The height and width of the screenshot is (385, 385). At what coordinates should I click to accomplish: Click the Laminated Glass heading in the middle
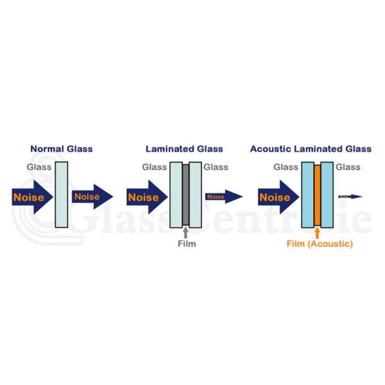click(x=185, y=149)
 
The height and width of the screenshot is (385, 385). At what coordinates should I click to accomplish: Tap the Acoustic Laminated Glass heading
click(x=311, y=149)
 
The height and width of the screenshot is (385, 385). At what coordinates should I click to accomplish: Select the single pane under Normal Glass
click(x=62, y=194)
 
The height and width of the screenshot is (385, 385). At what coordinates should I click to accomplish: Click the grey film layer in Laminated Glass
click(x=185, y=194)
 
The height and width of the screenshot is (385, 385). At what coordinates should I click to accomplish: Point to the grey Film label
click(x=185, y=244)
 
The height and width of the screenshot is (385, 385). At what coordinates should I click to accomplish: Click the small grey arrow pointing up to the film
click(x=185, y=232)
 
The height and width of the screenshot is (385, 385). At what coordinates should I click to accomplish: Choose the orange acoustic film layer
click(x=316, y=194)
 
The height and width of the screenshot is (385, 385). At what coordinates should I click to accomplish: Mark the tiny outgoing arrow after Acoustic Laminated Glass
click(x=350, y=196)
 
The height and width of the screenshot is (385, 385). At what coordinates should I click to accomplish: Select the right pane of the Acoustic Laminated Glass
click(x=326, y=194)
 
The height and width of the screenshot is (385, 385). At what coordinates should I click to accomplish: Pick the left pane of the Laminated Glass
click(x=175, y=194)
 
